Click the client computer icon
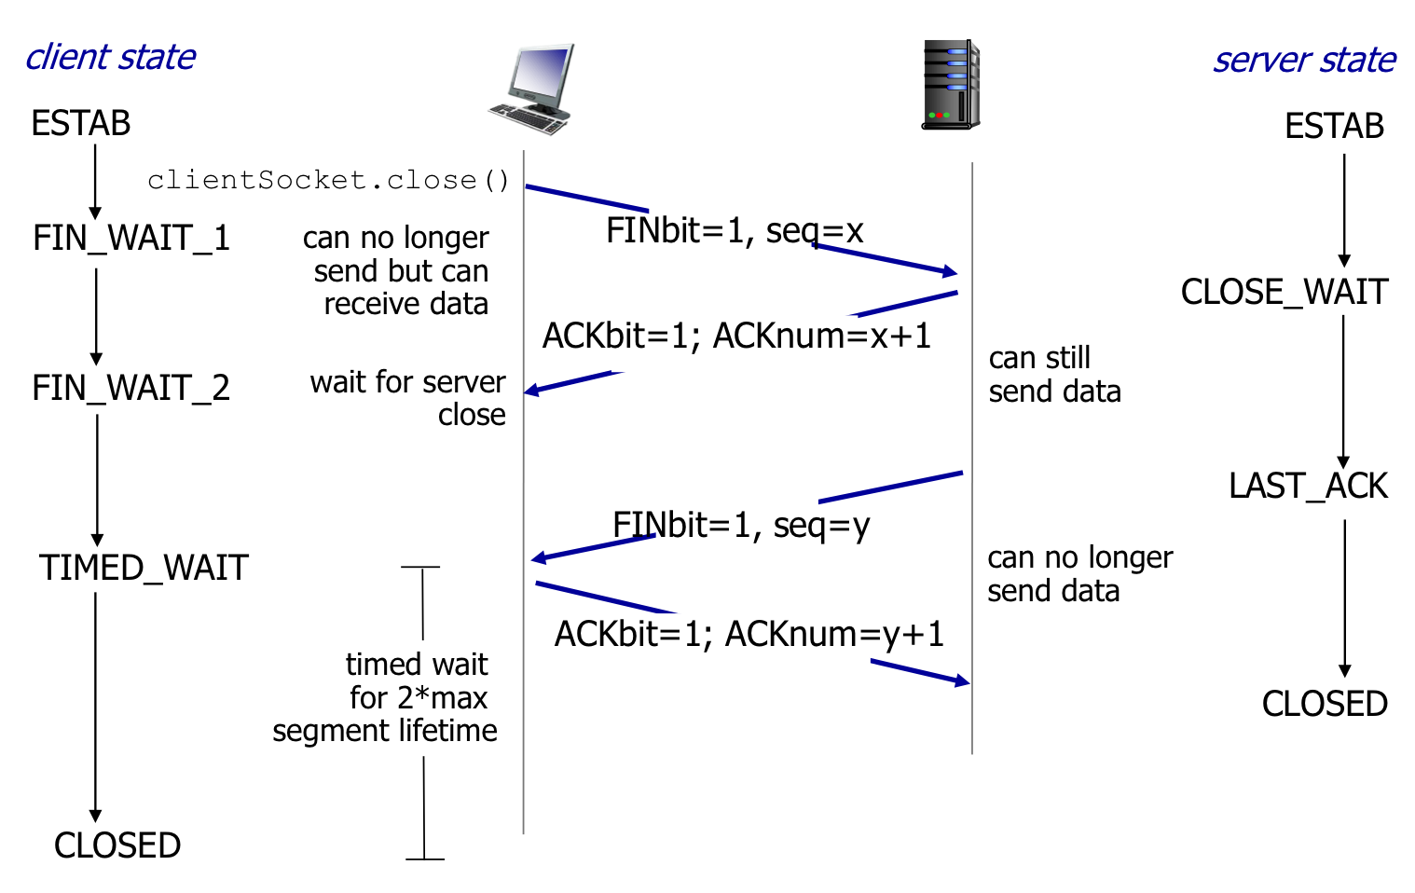tap(532, 89)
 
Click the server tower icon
tap(950, 85)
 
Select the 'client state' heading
tap(110, 58)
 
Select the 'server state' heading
tap(1303, 61)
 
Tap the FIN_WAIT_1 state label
tap(131, 239)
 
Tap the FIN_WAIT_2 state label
tap(131, 388)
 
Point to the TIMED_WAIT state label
tap(144, 568)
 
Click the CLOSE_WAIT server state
tap(1284, 293)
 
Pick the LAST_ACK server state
tap(1308, 487)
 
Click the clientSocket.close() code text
tap(328, 180)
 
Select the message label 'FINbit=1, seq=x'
tap(735, 231)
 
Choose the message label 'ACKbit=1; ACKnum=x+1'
tap(736, 336)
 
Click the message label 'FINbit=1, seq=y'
tap(741, 526)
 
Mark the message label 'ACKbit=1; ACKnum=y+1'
tap(749, 634)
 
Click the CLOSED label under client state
tap(117, 845)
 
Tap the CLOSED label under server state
tap(1325, 704)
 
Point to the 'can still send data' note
tap(1054, 375)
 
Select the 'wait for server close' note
tap(408, 398)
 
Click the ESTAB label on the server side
tap(1334, 126)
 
